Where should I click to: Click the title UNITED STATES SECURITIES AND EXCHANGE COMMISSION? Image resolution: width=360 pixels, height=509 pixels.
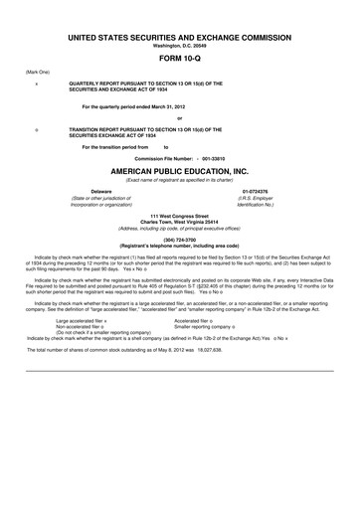point(179,37)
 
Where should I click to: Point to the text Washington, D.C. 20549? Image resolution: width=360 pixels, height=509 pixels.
point(179,46)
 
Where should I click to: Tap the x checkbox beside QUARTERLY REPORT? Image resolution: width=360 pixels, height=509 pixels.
point(37,85)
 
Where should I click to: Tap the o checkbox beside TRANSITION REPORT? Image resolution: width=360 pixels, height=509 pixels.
point(37,129)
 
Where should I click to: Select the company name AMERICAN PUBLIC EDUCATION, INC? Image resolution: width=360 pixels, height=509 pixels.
point(179,170)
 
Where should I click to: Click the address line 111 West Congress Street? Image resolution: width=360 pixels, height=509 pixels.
point(179,215)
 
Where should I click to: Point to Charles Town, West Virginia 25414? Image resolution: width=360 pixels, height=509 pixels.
point(179,221)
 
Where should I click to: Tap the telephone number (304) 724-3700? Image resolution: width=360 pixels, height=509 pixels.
point(179,239)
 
